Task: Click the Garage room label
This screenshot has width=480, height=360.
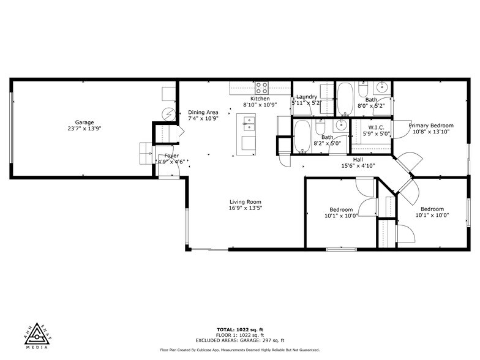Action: pos(84,122)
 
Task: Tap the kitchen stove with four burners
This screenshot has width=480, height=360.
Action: pos(262,87)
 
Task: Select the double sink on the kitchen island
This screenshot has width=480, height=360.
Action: pos(248,126)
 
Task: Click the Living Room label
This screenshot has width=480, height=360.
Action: pos(246,202)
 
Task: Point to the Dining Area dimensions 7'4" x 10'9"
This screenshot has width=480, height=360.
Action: pos(203,119)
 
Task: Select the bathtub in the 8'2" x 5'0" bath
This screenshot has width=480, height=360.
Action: pos(302,137)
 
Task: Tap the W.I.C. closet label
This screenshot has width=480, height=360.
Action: pos(372,127)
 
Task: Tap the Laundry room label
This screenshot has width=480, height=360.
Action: pos(307,97)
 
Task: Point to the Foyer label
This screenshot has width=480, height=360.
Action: pos(171,156)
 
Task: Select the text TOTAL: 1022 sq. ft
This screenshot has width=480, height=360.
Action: pos(239,329)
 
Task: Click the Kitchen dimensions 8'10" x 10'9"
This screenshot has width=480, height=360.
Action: pos(260,105)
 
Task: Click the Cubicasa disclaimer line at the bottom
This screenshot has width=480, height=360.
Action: pos(239,350)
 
